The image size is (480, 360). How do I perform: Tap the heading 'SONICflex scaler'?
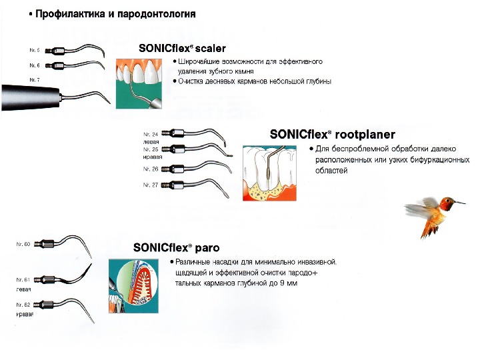pos(182,49)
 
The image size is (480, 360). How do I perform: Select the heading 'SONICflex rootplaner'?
pos(333,135)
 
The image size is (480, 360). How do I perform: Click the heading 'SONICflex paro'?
pos(177,247)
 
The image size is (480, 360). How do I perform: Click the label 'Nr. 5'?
pos(35,50)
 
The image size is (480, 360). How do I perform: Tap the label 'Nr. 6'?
pos(35,65)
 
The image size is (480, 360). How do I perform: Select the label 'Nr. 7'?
pos(35,80)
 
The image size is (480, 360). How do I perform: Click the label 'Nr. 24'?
pos(151,135)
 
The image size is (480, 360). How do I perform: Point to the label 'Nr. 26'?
pos(151,169)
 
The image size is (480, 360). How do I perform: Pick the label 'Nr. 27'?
pos(151,185)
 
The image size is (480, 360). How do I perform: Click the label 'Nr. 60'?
pos(23,245)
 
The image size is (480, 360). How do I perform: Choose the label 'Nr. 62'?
pos(23,305)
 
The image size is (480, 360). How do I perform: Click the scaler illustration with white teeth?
pos(139,83)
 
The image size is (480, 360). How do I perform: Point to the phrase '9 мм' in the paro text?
pos(287,283)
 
